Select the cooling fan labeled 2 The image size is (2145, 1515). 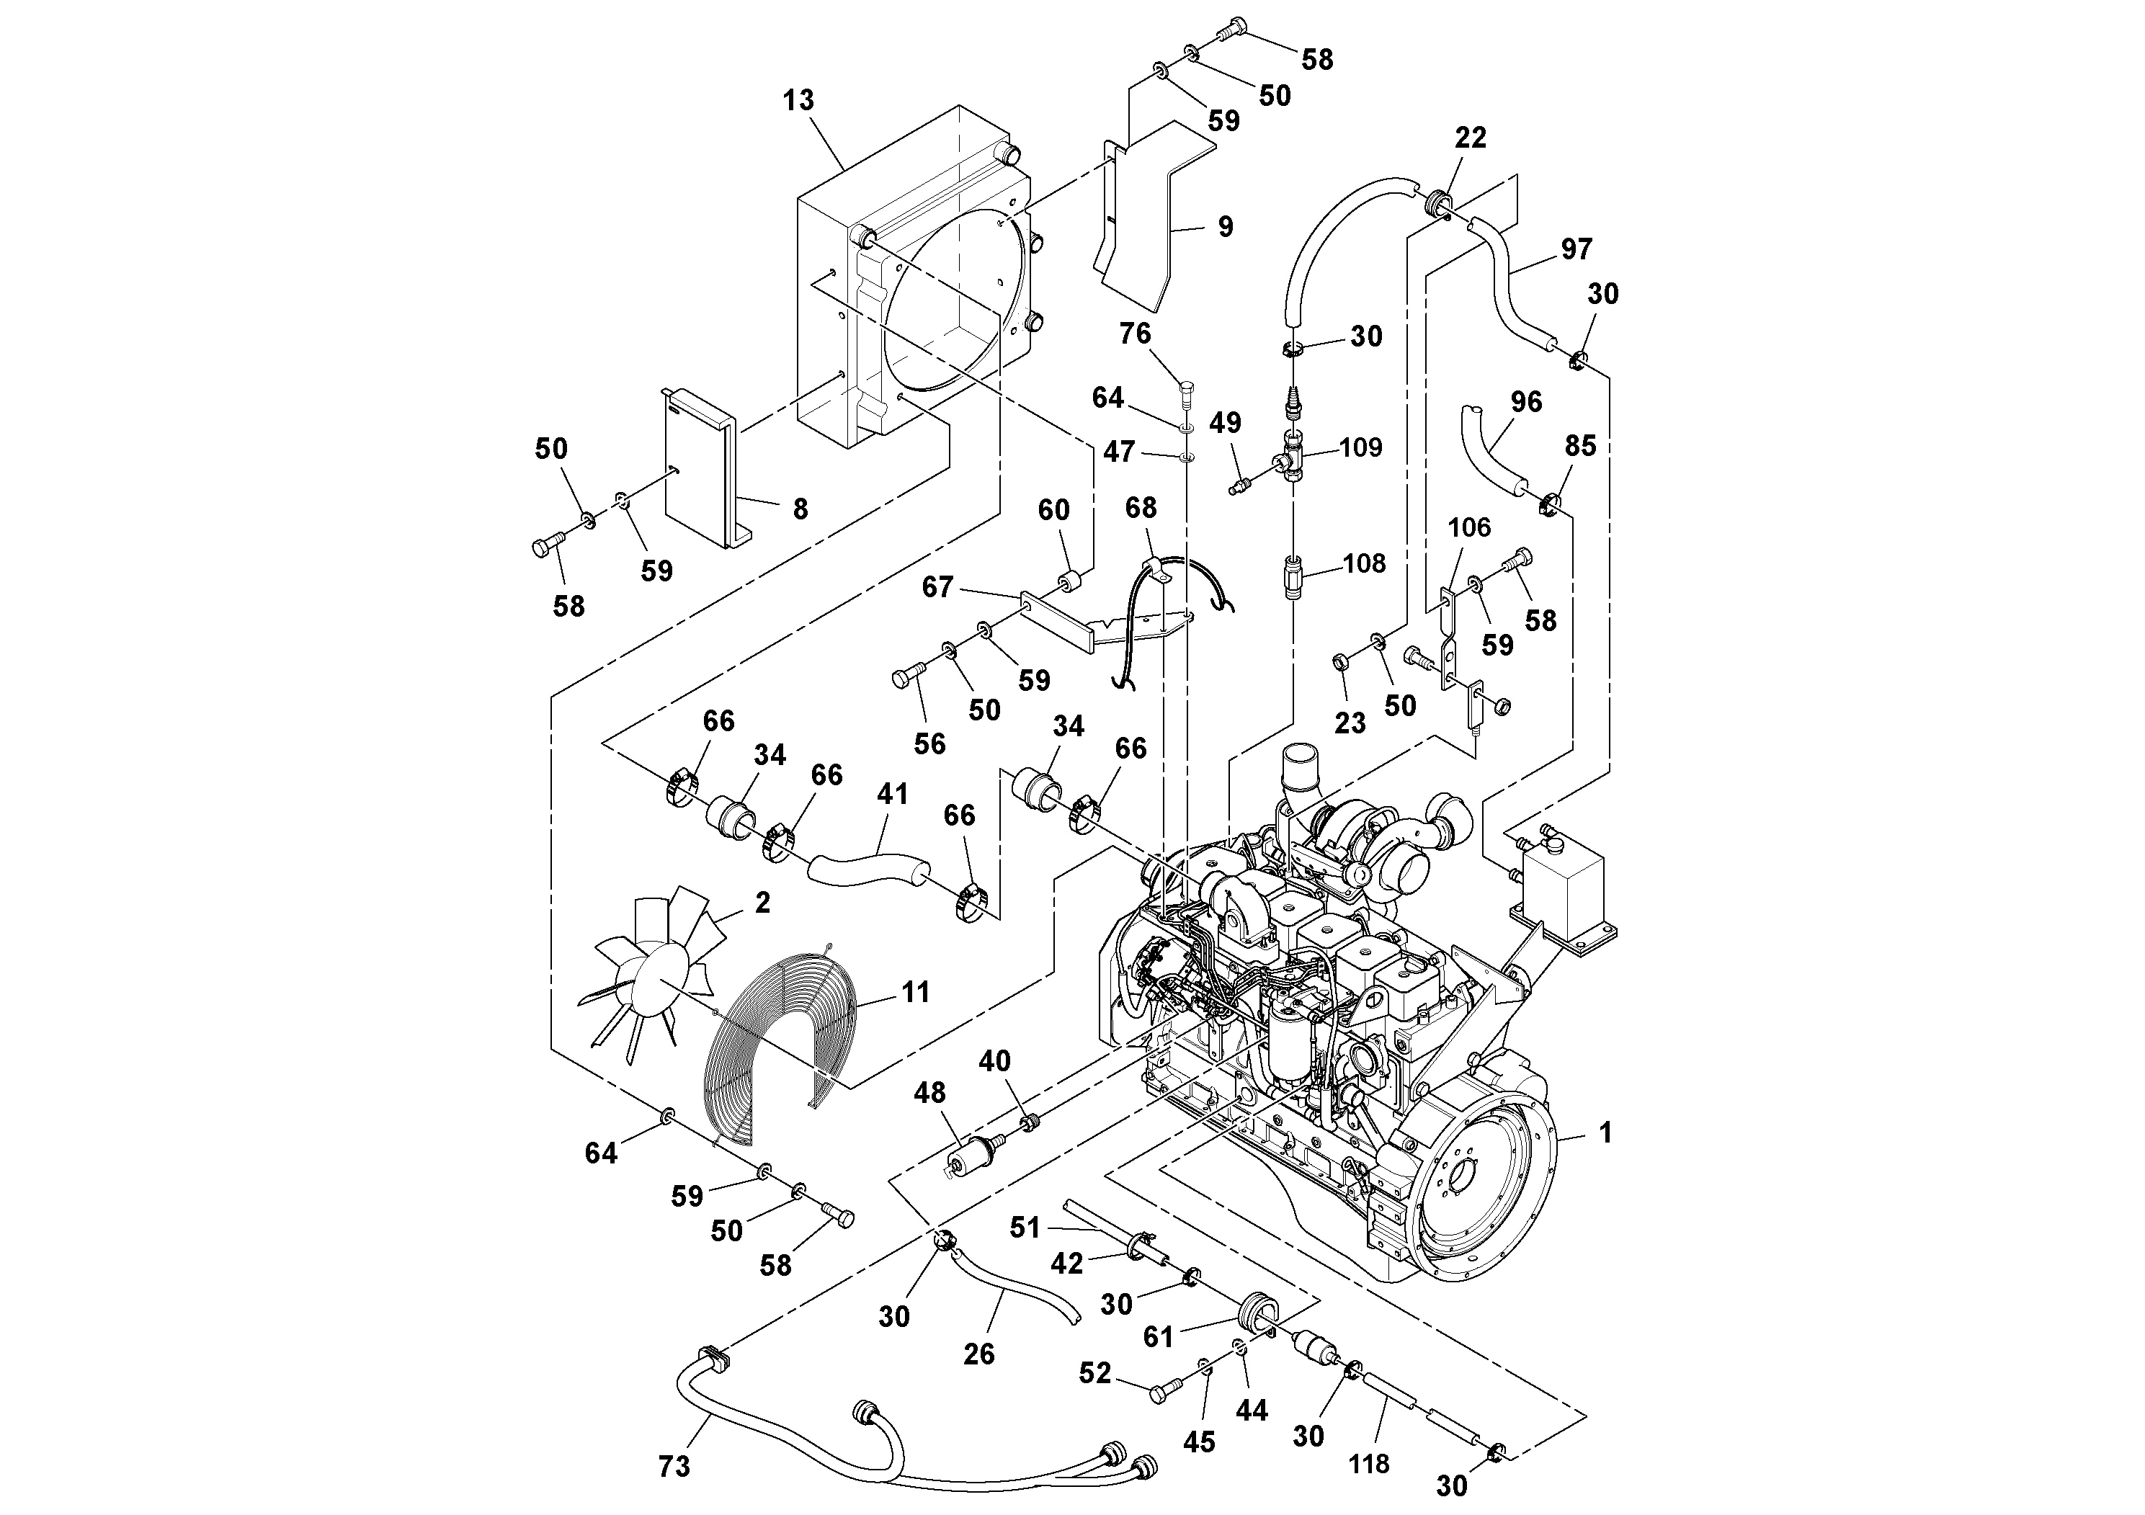[654, 976]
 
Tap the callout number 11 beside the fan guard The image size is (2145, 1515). [916, 992]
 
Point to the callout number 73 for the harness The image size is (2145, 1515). [674, 1467]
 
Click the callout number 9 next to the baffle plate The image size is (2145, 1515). [1225, 227]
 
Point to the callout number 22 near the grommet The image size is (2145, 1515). [1470, 138]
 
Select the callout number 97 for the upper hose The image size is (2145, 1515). [1576, 249]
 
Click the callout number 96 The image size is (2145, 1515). [1525, 402]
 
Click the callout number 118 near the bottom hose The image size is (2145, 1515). [1369, 1464]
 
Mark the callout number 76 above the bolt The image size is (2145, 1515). [1135, 334]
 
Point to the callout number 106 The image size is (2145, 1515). [1468, 528]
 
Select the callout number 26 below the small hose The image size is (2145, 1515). [978, 1354]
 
